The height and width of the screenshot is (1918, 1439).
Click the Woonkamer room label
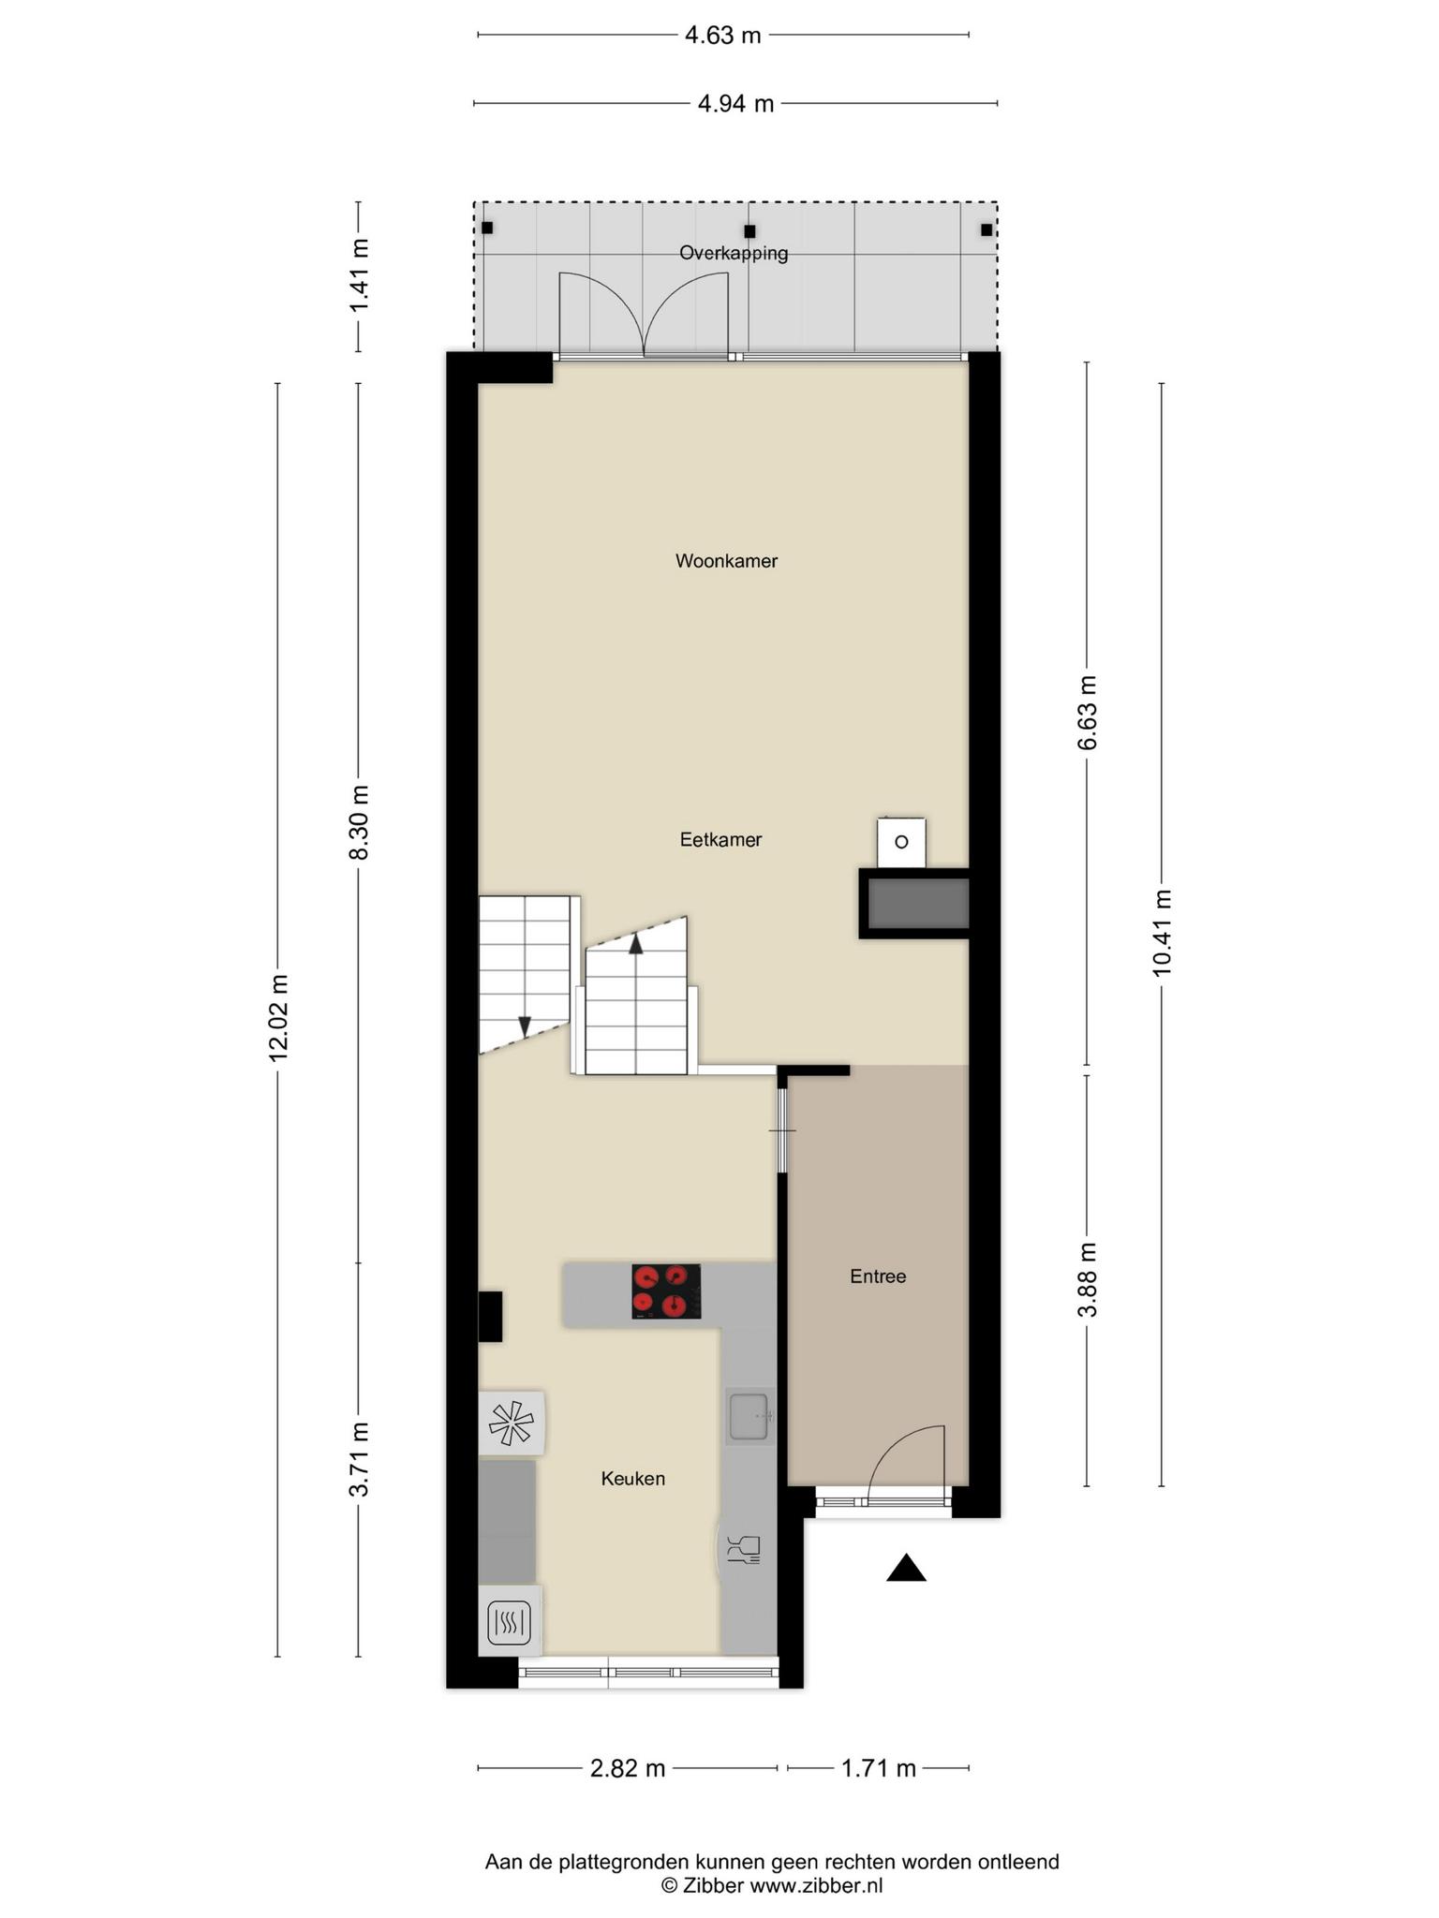click(x=726, y=561)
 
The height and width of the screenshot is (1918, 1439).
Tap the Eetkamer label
click(x=720, y=839)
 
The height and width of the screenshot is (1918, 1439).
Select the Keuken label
click(x=633, y=1478)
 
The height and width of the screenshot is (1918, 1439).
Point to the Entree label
click(x=878, y=1276)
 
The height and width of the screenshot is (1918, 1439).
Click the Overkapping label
click(x=734, y=253)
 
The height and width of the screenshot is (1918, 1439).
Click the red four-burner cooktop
click(x=666, y=1291)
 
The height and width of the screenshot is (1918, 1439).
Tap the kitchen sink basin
click(x=749, y=1415)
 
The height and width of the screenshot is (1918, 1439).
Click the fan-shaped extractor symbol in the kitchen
click(x=511, y=1424)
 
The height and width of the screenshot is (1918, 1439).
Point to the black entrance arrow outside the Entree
click(x=906, y=1568)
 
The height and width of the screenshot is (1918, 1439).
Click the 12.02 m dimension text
click(x=278, y=1018)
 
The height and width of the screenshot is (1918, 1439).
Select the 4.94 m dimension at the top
click(x=735, y=103)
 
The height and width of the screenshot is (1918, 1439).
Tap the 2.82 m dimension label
click(x=627, y=1768)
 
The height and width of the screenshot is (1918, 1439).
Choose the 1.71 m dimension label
click(x=878, y=1768)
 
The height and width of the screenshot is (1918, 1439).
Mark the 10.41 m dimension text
click(x=1162, y=932)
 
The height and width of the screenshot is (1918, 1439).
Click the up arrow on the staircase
click(x=636, y=943)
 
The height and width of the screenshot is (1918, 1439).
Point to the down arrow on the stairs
click(x=525, y=1025)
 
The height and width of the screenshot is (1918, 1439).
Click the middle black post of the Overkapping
click(x=749, y=230)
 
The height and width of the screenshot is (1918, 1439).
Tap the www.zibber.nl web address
click(x=816, y=1885)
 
